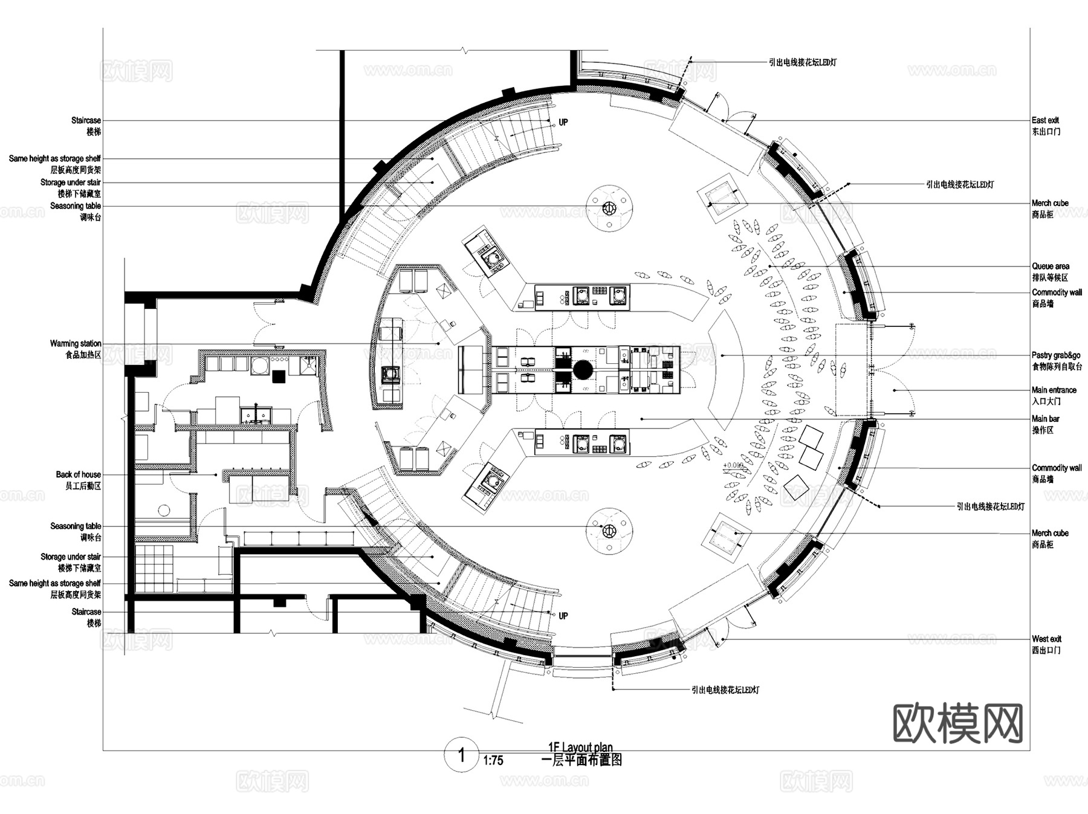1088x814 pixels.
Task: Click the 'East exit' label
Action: click(x=1045, y=120)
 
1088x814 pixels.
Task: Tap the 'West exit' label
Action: click(x=1046, y=639)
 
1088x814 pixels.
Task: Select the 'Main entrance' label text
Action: click(x=1054, y=390)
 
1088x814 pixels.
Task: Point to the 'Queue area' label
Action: click(x=1050, y=266)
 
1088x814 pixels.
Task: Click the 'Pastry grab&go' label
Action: click(x=1055, y=355)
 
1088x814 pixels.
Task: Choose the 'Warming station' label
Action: click(x=76, y=343)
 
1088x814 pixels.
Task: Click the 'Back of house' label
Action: click(x=78, y=474)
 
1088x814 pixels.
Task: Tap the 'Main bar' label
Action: click(x=1045, y=419)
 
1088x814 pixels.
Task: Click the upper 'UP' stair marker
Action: click(x=563, y=123)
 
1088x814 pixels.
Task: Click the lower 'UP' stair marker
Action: click(x=563, y=616)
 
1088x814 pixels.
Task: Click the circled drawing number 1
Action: click(x=462, y=755)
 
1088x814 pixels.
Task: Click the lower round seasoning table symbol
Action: click(x=609, y=531)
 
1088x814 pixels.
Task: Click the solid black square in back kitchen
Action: click(x=279, y=376)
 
